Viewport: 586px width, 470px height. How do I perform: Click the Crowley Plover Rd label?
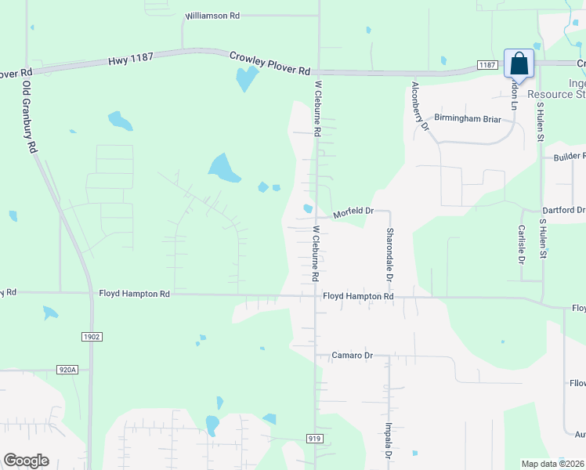[269, 63]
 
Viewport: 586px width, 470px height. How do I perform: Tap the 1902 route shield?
[91, 336]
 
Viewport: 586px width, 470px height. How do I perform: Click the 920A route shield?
[68, 369]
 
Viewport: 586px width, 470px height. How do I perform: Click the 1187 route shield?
[487, 66]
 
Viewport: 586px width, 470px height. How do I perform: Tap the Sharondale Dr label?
[389, 255]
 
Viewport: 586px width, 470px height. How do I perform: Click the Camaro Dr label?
[350, 356]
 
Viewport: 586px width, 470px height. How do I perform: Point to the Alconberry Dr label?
[421, 105]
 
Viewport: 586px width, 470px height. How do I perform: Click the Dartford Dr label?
[563, 211]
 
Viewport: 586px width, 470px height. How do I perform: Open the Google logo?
[27, 461]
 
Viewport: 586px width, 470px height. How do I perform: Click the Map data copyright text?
[552, 464]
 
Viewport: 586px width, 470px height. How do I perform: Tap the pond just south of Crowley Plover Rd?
[247, 78]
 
